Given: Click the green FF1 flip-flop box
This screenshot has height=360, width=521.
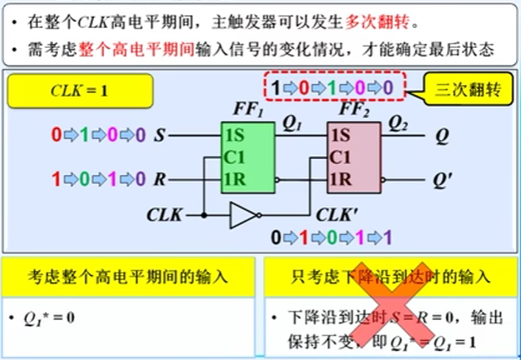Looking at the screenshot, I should (247, 156).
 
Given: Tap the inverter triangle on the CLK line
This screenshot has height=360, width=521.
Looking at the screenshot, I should (242, 217).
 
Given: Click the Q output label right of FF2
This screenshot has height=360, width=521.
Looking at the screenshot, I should (439, 134).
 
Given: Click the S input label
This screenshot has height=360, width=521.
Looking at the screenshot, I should (161, 134).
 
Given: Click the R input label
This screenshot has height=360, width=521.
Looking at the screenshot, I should (161, 178).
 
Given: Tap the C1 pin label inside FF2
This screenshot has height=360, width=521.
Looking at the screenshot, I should (340, 156).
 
